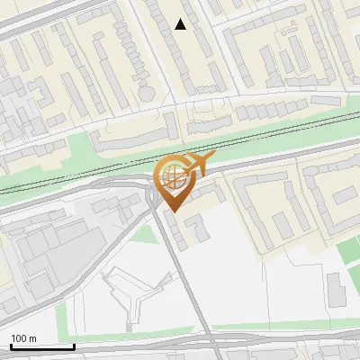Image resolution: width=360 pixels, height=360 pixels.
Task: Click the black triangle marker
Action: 181,24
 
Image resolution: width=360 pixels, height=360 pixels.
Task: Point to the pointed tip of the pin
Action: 173,211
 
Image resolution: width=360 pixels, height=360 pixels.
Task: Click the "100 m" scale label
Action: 24,338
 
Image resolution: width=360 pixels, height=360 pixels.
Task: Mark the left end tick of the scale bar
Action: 11,346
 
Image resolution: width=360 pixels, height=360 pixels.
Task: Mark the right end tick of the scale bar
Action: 74,346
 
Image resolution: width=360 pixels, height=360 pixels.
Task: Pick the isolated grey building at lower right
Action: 335,289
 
